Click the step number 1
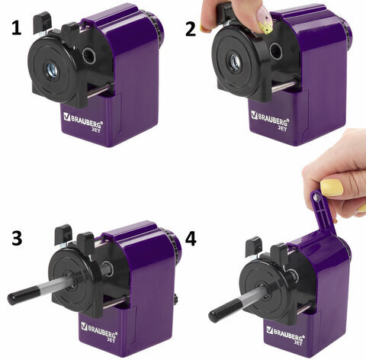point(17,28)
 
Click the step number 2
point(191,29)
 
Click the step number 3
point(17,238)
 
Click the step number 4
point(191,239)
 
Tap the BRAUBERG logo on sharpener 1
point(83,122)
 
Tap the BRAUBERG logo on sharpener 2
point(270,120)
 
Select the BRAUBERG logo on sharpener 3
point(99,331)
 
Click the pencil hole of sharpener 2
point(235,63)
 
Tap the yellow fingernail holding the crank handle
point(332,188)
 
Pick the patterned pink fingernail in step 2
point(265,21)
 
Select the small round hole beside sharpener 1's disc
point(89,55)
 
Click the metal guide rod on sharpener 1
point(99,90)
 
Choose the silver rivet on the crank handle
point(316,197)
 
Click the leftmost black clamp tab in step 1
point(42,23)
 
